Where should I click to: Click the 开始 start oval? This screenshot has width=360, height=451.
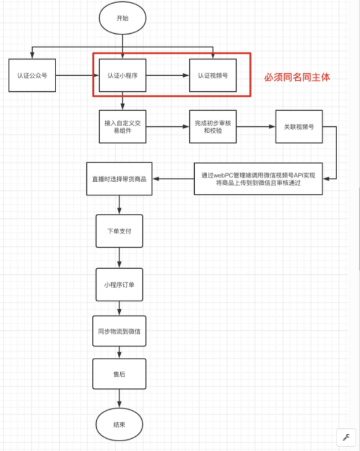pos(123,18)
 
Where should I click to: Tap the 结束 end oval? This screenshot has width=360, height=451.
pos(119,425)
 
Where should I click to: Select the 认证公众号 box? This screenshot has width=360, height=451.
pos(32,75)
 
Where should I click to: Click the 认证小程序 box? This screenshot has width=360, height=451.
pos(123,75)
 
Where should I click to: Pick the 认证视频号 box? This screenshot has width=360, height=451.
pos(213,75)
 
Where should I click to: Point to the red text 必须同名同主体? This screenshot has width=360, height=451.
pos(297,77)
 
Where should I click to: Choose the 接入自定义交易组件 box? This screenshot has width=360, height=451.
pos(123,126)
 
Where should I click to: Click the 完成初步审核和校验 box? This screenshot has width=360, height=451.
pos(213,126)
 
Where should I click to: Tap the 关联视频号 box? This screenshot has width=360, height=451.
pos(299,126)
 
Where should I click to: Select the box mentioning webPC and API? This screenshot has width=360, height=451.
pos(258,179)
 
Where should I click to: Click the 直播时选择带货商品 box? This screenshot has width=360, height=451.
pos(120,179)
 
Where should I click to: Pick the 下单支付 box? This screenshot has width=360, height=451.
pos(120,231)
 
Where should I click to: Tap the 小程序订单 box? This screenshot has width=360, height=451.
pos(120,285)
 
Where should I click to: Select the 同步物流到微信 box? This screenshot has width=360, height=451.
pos(120,331)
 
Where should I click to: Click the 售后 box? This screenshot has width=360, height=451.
pos(120,374)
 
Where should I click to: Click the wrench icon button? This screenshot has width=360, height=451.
pos(346,437)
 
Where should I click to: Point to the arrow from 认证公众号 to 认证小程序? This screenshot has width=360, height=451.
pos(78,75)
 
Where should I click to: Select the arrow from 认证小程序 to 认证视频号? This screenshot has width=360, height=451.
pos(168,75)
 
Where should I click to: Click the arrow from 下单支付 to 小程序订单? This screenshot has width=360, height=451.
pos(120,258)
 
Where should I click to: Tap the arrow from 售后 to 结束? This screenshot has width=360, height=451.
pos(120,399)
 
